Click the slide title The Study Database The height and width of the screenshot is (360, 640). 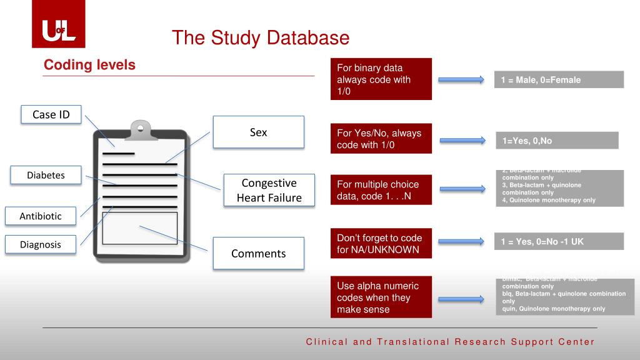pyautogui.click(x=261, y=38)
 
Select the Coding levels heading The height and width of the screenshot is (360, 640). pyautogui.click(x=89, y=65)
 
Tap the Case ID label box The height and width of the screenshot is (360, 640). pyautogui.click(x=51, y=114)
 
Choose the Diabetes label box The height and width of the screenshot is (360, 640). pyautogui.click(x=46, y=176)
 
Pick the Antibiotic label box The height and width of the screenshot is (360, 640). pyautogui.click(x=41, y=216)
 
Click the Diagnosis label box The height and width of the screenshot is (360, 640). pyautogui.click(x=41, y=244)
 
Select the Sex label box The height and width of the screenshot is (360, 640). pyautogui.click(x=258, y=132)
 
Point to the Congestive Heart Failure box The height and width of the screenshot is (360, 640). pyautogui.click(x=269, y=191)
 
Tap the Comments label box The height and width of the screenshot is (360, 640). pyautogui.click(x=258, y=253)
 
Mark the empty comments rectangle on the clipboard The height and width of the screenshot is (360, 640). pyautogui.click(x=139, y=228)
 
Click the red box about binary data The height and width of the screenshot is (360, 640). pyautogui.click(x=381, y=79)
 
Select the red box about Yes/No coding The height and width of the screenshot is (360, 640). pyautogui.click(x=381, y=139)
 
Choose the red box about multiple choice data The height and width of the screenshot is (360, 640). pyautogui.click(x=381, y=191)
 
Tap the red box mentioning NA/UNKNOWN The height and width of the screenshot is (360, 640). pyautogui.click(x=381, y=244)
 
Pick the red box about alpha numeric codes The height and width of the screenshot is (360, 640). pyautogui.click(x=381, y=297)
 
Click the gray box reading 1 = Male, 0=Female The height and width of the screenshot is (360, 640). pyautogui.click(x=559, y=80)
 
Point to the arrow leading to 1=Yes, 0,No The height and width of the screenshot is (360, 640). pyautogui.click(x=462, y=141)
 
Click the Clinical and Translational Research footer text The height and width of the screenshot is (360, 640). pyautogui.click(x=450, y=342)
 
